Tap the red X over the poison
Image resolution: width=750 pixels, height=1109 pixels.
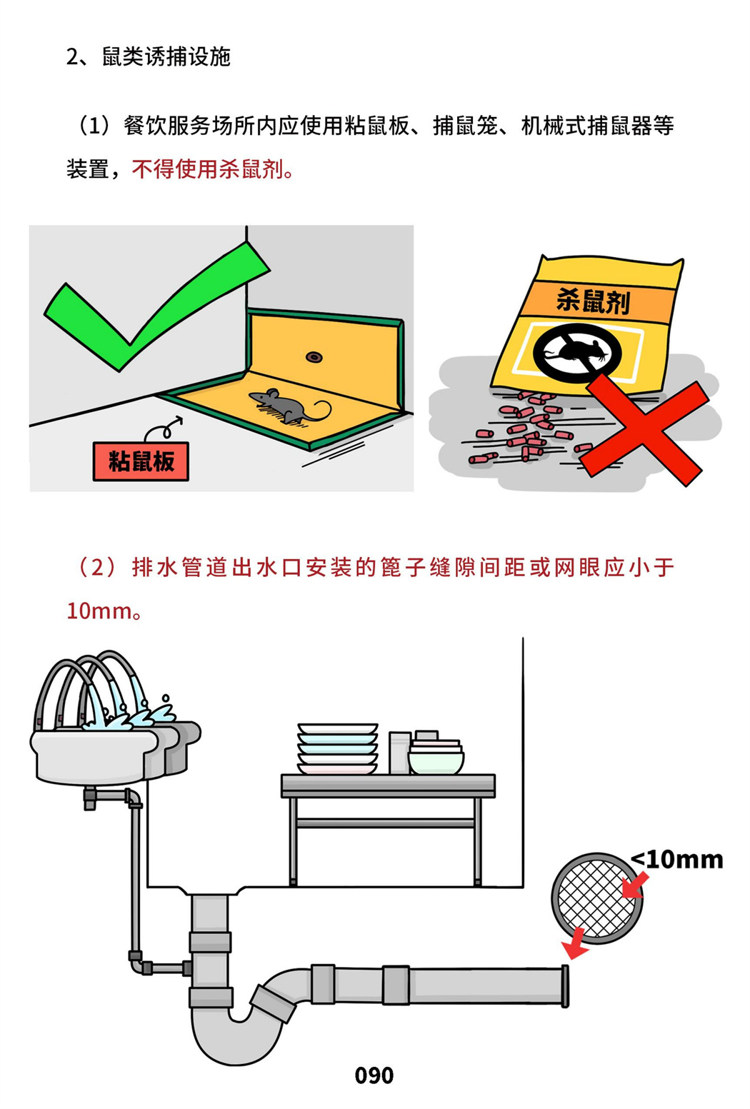[643, 429]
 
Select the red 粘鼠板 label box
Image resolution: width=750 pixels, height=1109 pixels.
[141, 461]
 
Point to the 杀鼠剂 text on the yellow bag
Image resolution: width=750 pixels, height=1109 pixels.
[593, 301]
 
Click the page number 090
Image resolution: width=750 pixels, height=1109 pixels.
[374, 1075]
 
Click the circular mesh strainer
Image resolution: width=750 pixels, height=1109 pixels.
[597, 898]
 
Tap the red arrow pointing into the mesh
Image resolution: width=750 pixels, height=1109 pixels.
[634, 886]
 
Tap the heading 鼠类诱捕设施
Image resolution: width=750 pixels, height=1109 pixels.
[166, 57]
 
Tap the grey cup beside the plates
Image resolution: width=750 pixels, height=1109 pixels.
[399, 753]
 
